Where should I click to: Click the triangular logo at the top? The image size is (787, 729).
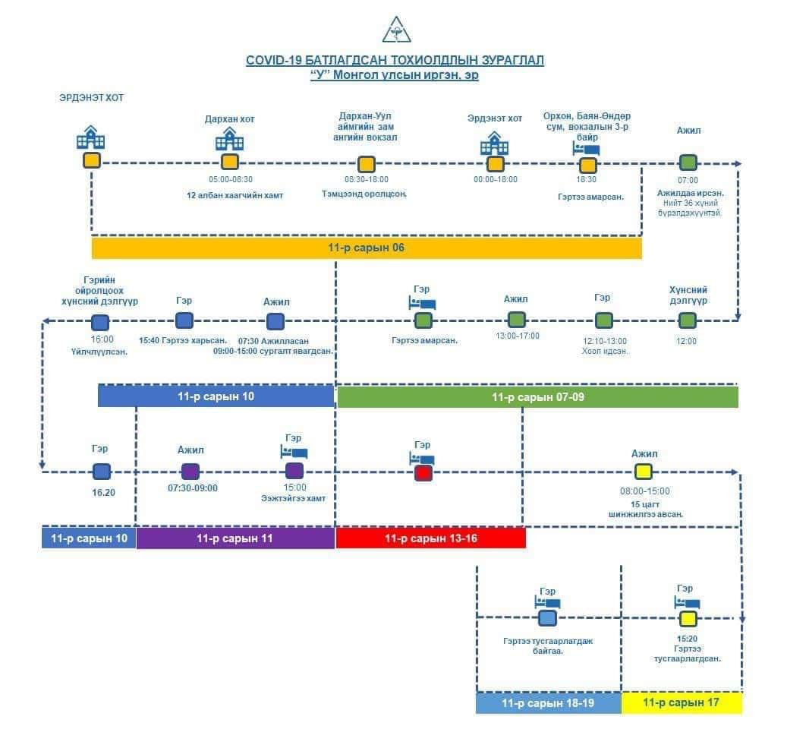click(x=395, y=30)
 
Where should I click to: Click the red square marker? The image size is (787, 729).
click(x=423, y=473)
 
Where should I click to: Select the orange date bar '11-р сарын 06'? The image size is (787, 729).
click(x=367, y=248)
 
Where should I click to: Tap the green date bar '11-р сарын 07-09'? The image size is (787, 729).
click(x=537, y=397)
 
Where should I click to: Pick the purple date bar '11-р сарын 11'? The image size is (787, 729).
click(x=235, y=538)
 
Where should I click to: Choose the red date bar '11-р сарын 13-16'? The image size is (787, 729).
click(x=430, y=538)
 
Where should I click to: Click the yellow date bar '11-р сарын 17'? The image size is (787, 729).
click(x=681, y=703)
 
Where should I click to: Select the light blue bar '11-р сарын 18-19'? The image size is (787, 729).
click(x=548, y=703)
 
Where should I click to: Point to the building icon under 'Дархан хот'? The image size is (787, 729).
click(x=229, y=139)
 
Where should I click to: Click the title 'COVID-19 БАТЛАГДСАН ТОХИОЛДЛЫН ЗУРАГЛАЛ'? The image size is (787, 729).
click(x=395, y=61)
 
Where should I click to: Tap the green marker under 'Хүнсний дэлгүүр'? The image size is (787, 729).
click(x=687, y=320)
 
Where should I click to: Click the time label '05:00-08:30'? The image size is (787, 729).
click(x=230, y=180)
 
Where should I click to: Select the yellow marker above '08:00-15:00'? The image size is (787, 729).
click(x=644, y=472)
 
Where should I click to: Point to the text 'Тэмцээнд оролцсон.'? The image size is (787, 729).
click(x=364, y=194)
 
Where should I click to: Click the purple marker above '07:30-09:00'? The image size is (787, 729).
click(x=190, y=472)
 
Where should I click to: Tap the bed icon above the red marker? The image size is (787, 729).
click(x=422, y=458)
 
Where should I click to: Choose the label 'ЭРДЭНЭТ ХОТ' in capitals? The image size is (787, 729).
click(x=91, y=98)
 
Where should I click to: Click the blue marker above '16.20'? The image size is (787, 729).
click(x=102, y=472)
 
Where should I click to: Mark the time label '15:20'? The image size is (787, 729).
click(x=687, y=639)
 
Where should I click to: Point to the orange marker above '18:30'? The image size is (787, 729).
click(x=587, y=165)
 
